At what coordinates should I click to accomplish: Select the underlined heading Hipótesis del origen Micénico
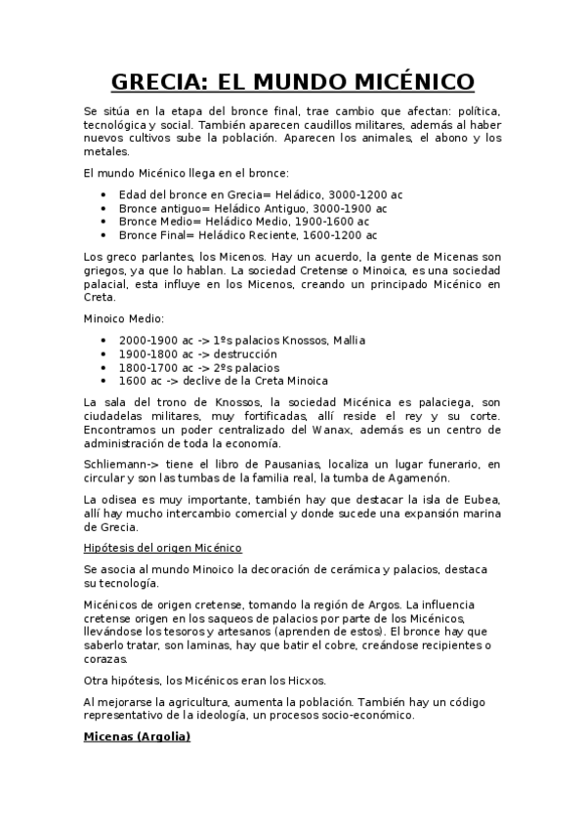click(x=162, y=548)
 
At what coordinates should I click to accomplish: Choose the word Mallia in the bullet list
click(x=347, y=340)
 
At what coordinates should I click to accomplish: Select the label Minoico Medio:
click(x=124, y=318)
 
